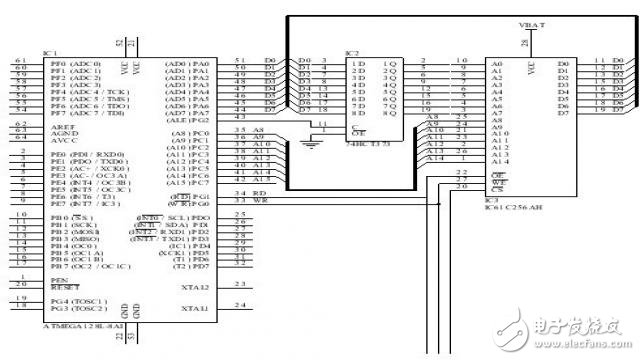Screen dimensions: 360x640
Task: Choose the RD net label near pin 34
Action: (257, 194)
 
